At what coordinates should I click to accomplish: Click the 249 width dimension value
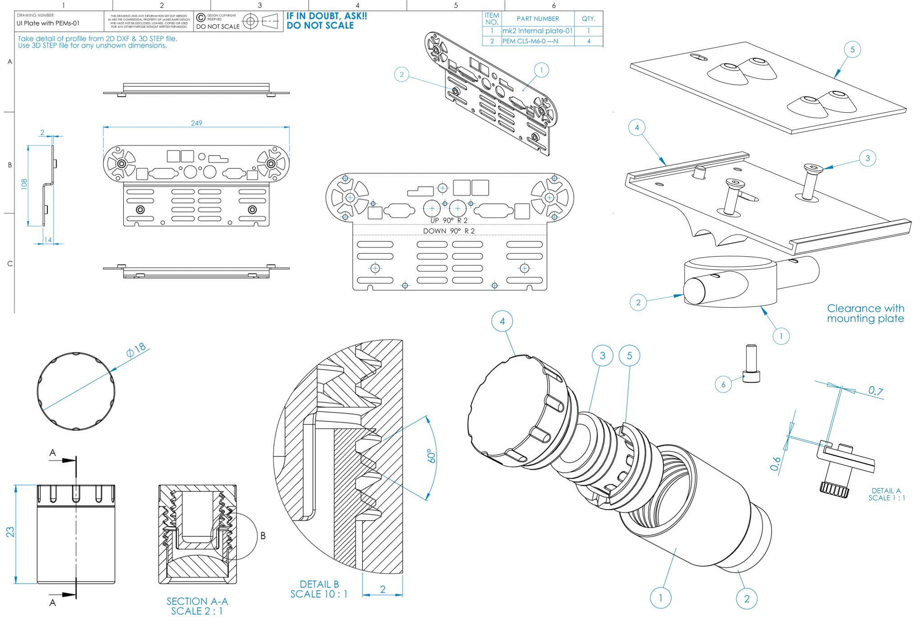pos(196,123)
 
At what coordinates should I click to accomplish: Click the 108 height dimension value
pos(24,183)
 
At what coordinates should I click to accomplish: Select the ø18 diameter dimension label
pos(136,350)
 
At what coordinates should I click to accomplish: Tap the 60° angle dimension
pos(432,456)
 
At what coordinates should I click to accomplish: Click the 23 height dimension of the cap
pos(10,532)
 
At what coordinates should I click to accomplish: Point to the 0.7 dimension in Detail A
pos(875,390)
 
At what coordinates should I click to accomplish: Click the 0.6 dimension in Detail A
pos(775,463)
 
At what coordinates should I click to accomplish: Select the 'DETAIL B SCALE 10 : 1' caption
pos(319,589)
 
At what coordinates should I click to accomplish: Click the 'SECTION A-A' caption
pos(197,601)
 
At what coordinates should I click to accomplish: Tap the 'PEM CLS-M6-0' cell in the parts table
pos(531,41)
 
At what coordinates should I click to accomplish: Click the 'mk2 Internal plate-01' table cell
pos(537,31)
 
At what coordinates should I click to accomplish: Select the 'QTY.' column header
pos(588,19)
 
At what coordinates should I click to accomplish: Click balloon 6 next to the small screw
pos(723,384)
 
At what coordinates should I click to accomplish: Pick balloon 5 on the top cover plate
pos(852,49)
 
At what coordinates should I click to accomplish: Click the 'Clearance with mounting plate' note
pos(865,313)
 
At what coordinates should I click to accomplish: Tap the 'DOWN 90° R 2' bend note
pos(448,231)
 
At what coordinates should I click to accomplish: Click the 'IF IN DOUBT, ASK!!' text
pos(327,16)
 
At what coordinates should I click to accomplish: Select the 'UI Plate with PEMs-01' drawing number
pos(48,23)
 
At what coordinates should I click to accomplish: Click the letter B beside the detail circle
pos(263,536)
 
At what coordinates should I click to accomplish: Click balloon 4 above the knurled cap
pos(502,321)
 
